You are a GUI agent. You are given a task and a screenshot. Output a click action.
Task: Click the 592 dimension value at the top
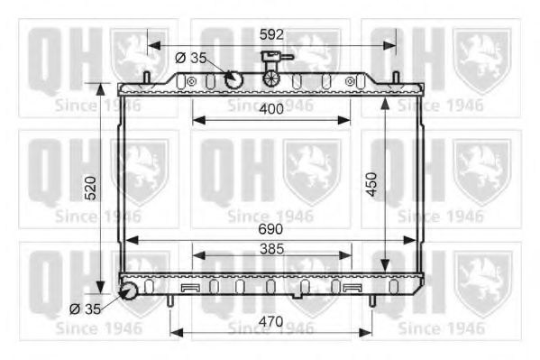tap(271, 35)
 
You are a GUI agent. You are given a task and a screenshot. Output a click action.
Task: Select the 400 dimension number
tap(271, 107)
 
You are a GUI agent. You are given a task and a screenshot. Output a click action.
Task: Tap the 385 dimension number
tap(271, 246)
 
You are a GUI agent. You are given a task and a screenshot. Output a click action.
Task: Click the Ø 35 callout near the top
tap(190, 58)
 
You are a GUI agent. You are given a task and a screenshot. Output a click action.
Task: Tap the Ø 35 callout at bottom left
tap(87, 309)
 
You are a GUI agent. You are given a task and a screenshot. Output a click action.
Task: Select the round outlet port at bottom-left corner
tap(128, 291)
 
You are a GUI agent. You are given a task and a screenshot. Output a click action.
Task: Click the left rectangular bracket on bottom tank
tap(189, 288)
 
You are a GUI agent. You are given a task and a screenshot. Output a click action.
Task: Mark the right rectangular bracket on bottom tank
tap(352, 288)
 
